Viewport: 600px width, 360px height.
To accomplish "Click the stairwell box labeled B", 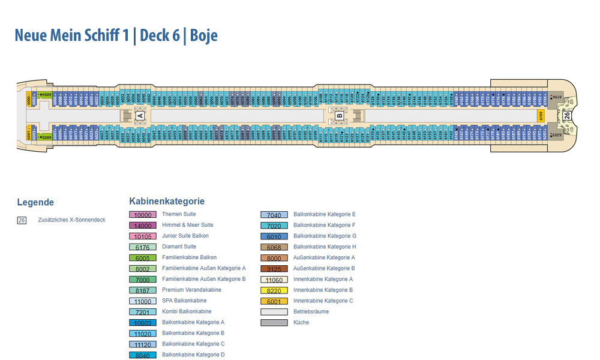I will click(x=339, y=115).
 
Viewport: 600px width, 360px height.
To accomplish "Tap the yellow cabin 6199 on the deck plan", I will click(x=539, y=115).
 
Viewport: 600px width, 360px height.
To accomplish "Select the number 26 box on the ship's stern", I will click(x=566, y=115).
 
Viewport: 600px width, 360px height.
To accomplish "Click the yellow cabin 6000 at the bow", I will click(x=29, y=100).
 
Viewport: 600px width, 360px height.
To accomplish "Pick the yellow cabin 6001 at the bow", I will click(x=29, y=132).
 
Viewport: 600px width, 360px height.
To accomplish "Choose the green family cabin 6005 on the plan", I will click(x=46, y=136).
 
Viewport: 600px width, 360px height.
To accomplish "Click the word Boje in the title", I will click(x=204, y=35).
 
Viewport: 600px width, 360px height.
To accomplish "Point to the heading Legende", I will click(x=35, y=202).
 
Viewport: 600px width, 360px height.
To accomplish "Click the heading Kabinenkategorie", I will click(x=167, y=202).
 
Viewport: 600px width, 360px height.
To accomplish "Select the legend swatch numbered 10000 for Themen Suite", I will click(x=142, y=215).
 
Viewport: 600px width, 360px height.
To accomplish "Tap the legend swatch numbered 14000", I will click(x=142, y=226).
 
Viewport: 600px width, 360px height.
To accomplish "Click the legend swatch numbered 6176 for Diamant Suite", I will click(x=142, y=247).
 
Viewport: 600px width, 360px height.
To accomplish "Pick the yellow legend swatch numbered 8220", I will click(x=274, y=290).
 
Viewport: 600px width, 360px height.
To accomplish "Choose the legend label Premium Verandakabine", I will click(x=191, y=290).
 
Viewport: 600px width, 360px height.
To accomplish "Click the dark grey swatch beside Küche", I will click(x=274, y=323).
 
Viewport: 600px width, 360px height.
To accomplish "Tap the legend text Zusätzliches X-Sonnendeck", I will click(x=71, y=220).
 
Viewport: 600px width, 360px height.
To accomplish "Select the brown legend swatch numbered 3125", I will click(x=274, y=269).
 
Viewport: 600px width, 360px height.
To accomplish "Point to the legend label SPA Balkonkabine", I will click(x=184, y=301).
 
